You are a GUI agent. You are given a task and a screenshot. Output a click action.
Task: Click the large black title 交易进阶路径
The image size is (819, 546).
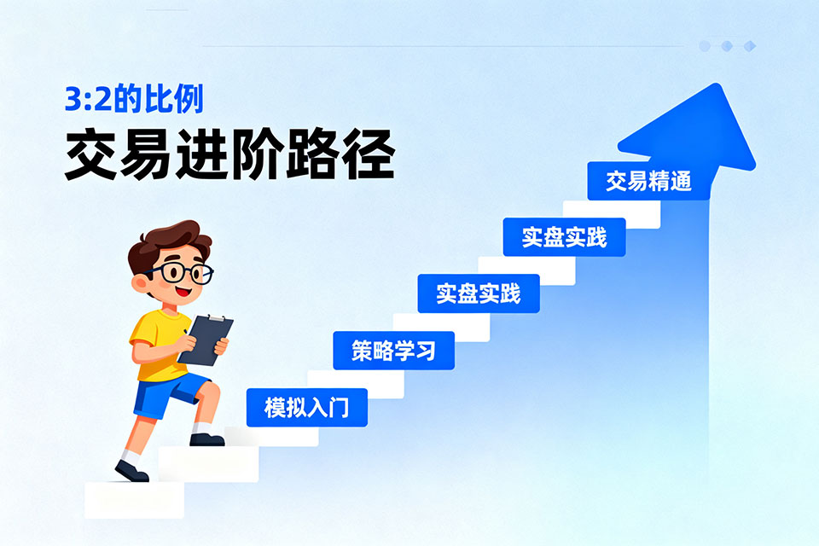tap(229, 154)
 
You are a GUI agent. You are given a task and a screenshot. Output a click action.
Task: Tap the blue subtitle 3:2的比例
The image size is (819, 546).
tap(134, 98)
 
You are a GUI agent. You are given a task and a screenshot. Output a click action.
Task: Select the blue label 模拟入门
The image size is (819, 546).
tap(307, 408)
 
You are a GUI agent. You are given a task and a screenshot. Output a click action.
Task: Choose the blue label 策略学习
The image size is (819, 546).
tap(394, 351)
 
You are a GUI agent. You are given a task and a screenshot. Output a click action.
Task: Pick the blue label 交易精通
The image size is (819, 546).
tap(648, 181)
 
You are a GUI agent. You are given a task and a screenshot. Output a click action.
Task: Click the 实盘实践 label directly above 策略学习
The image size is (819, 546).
tap(479, 293)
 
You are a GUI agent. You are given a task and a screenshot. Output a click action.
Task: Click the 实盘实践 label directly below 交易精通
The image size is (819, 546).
tap(564, 237)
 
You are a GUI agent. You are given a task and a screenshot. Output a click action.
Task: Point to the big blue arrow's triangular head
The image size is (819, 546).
tap(694, 131)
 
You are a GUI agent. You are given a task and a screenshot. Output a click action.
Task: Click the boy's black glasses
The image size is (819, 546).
tap(181, 272)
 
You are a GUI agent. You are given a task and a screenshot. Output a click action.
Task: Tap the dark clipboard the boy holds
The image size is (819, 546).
tap(206, 340)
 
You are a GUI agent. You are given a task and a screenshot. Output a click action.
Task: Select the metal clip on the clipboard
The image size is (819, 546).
tap(216, 318)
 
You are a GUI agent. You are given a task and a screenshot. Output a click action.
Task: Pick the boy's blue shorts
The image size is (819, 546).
tap(166, 394)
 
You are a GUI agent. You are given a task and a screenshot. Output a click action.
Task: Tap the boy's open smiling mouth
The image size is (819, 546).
tap(183, 291)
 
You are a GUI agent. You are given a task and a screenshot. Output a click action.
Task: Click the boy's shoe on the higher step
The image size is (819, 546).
tap(206, 439)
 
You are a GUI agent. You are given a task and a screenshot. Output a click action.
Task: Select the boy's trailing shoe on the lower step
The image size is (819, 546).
tap(131, 470)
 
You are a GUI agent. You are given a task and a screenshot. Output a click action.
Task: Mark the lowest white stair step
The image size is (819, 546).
tap(134, 500)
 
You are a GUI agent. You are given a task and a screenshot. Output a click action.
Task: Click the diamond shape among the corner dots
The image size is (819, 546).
tap(750, 47)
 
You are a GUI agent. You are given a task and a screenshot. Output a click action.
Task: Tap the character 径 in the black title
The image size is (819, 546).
tap(369, 154)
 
